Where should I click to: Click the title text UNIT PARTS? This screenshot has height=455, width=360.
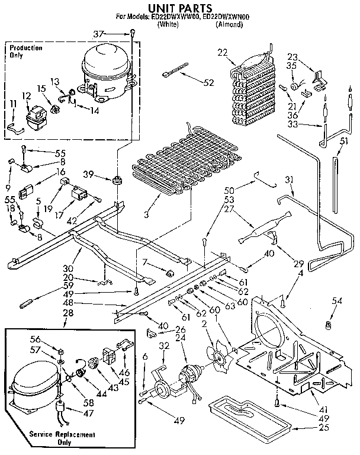tap(179, 8)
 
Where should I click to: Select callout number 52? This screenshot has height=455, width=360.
tap(208, 83)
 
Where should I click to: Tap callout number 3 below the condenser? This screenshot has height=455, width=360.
tap(146, 212)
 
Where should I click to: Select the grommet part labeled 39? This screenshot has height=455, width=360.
tap(117, 179)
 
